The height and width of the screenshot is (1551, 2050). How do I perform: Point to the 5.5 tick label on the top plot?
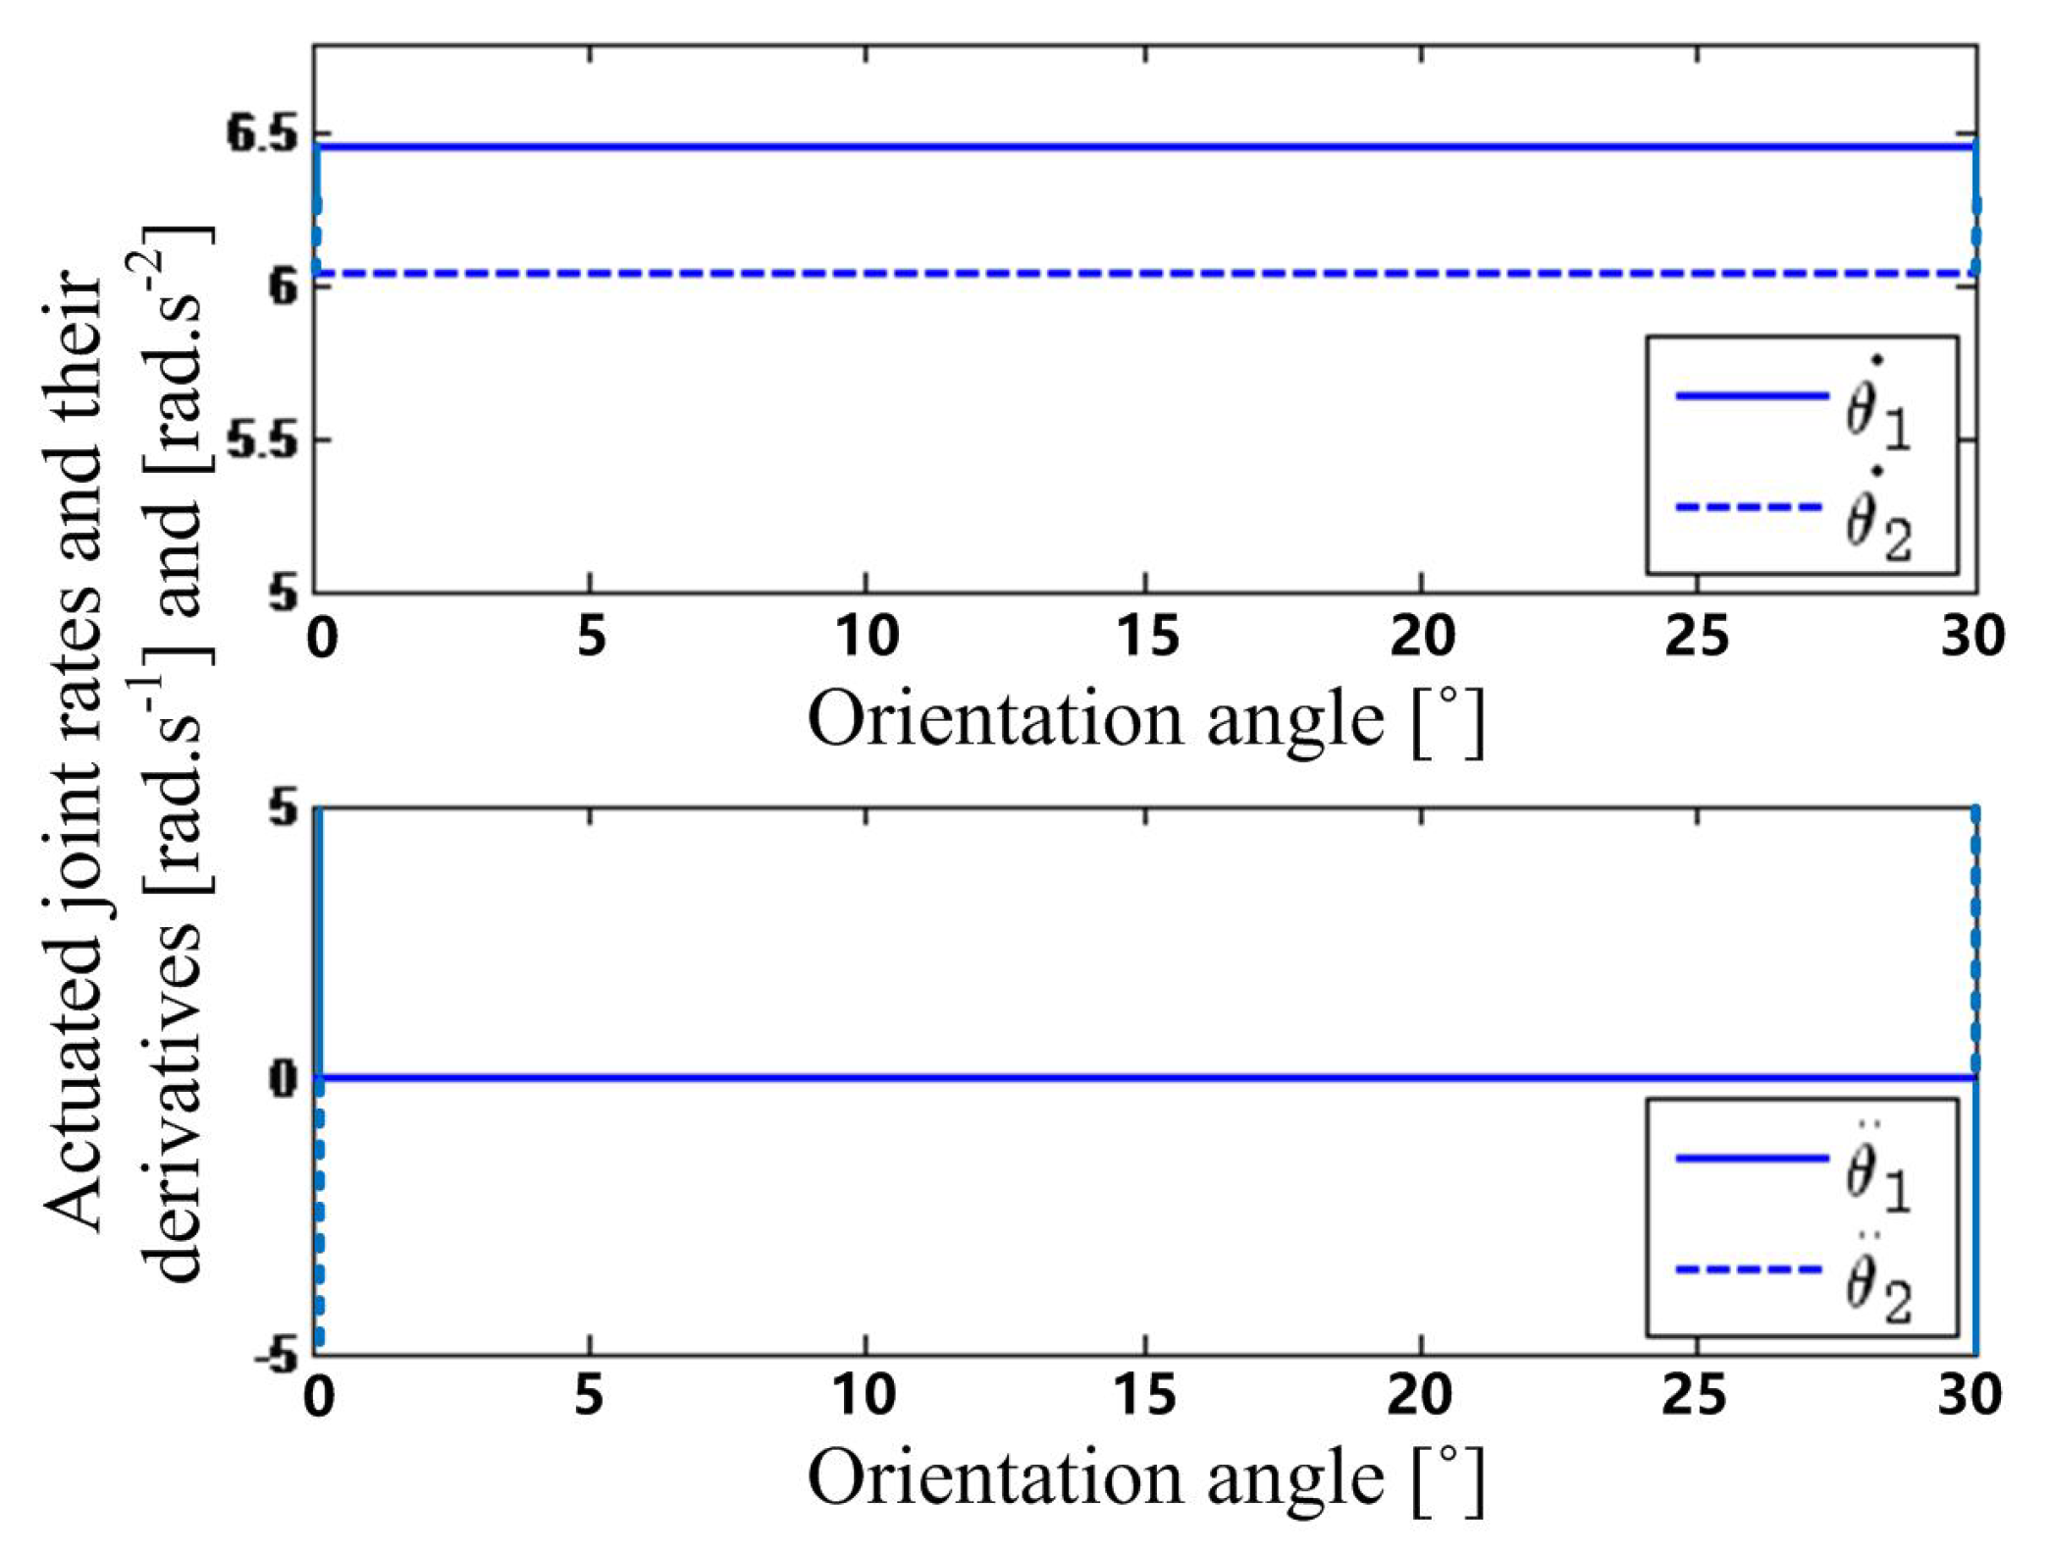click(261, 441)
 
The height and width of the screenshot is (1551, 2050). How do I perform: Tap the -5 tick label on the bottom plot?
click(276, 1357)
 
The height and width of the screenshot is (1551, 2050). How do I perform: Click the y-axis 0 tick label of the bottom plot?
click(284, 1079)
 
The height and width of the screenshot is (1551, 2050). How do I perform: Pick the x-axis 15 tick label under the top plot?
click(1146, 638)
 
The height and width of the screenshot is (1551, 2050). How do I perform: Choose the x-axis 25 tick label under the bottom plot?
click(1695, 1395)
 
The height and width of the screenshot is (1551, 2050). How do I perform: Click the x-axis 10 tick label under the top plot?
click(867, 638)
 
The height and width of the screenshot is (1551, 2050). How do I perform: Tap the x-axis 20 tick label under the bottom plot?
click(1420, 1395)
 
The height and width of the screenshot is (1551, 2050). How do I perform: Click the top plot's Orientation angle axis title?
click(1145, 721)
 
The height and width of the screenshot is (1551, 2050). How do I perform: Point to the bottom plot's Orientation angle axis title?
click(1145, 1478)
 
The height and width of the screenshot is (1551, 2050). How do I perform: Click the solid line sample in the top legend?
click(1752, 396)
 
